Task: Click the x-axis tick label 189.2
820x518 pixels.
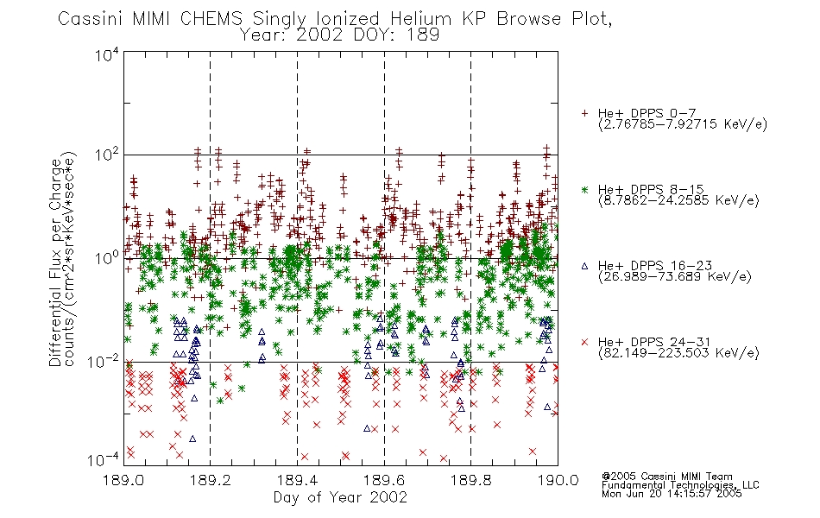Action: tap(211, 480)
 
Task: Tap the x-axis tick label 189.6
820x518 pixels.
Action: tap(384, 480)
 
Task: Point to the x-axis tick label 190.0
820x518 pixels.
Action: tap(558, 480)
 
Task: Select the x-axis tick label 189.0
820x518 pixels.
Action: tap(123, 480)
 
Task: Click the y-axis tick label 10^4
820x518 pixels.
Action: tap(107, 54)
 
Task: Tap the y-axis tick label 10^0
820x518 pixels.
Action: tap(107, 257)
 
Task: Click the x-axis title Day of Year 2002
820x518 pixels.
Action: tap(340, 497)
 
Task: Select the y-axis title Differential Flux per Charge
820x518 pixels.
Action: tap(55, 262)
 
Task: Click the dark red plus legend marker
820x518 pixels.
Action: tap(584, 113)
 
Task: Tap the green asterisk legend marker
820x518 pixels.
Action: tap(584, 189)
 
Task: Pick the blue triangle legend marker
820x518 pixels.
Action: tap(584, 266)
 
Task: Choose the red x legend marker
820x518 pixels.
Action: tap(584, 342)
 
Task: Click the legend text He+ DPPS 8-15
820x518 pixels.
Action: tap(651, 189)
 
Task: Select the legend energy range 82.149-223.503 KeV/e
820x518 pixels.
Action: tap(678, 353)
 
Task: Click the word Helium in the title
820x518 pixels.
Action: tap(420, 19)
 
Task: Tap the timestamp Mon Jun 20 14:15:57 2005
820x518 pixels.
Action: tap(672, 494)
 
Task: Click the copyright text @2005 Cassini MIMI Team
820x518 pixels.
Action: tap(666, 477)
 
